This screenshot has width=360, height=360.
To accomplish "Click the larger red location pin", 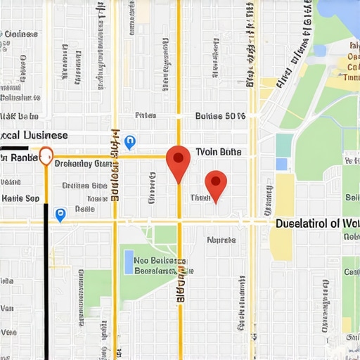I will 179,161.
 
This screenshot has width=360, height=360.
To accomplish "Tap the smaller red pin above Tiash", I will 216,184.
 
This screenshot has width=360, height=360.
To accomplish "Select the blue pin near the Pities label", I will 129,143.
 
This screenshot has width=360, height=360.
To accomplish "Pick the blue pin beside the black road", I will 60,214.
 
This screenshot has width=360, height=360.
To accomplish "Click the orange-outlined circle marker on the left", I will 46,155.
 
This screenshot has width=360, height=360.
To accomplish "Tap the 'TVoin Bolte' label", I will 218,152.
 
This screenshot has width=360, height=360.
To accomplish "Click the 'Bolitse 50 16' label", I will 219,116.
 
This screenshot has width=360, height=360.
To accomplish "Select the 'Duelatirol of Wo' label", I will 316,224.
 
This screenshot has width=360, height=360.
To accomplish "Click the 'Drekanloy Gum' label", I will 83,164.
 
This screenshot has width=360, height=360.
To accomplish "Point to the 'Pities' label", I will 146,116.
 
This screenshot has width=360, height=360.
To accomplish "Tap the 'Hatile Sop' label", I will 20,198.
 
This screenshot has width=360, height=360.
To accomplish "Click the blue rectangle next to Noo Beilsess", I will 128,262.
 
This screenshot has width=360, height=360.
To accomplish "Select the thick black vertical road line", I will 46,281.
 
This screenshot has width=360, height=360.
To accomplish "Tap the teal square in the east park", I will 284,145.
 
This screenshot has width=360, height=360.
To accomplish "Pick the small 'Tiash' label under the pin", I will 201,198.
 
